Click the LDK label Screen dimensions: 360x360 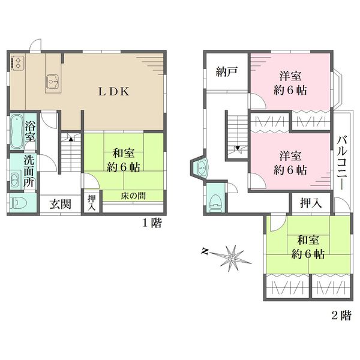pyautogui.click(x=114, y=92)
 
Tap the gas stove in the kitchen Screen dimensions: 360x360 pyautogui.click(x=17, y=63)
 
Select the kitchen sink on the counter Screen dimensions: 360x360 pyautogui.click(x=53, y=82)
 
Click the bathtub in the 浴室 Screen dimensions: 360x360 pyautogui.click(x=17, y=131)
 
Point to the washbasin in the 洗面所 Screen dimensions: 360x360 pyautogui.click(x=15, y=179)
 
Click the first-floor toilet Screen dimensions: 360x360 pyautogui.click(x=19, y=203)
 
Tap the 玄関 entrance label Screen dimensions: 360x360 pyautogui.click(x=61, y=204)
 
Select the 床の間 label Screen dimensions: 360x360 pyautogui.click(x=133, y=196)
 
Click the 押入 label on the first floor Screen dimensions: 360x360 pyautogui.click(x=92, y=203)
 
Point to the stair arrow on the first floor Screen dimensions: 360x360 pyautogui.click(x=71, y=139)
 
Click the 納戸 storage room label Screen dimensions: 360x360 pyautogui.click(x=227, y=72)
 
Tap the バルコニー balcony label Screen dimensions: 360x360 pyautogui.click(x=342, y=163)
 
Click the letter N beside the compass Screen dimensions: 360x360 pyautogui.click(x=205, y=251)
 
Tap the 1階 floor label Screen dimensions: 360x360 pyautogui.click(x=152, y=223)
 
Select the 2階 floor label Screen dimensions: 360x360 pyautogui.click(x=341, y=315)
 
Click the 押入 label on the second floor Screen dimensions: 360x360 pyautogui.click(x=311, y=203)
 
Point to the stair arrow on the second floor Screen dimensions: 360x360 pyautogui.click(x=238, y=148)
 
